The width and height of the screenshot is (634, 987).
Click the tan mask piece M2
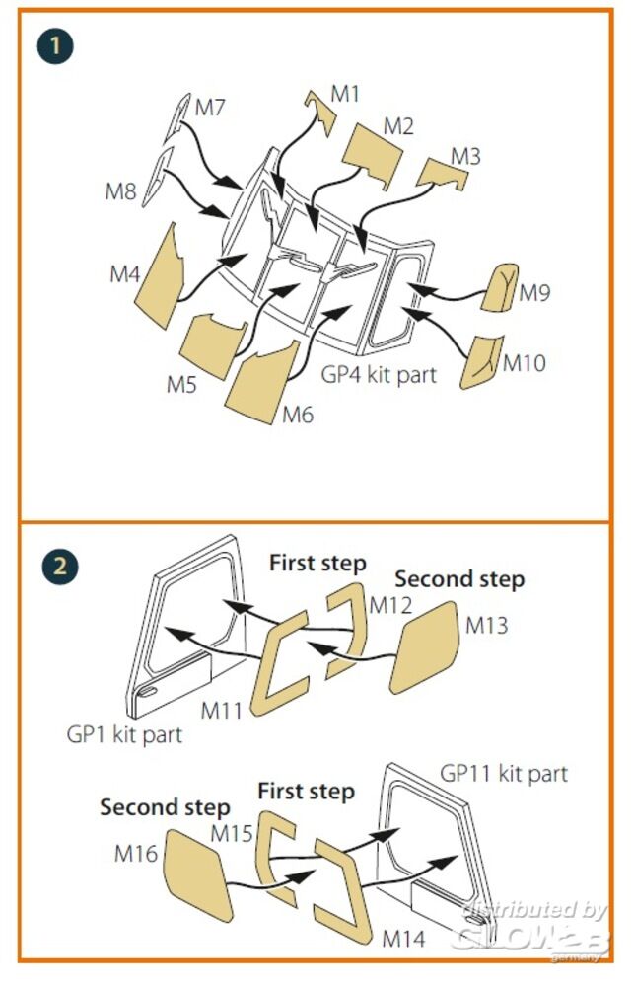[373, 154]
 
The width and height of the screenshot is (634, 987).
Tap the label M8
[121, 190]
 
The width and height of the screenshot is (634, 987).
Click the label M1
[345, 94]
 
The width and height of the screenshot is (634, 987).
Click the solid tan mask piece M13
[426, 647]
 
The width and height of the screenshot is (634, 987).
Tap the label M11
[222, 709]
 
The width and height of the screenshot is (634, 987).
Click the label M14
[403, 937]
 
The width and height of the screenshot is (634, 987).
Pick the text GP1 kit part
[124, 734]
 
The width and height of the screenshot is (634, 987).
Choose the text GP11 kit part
[504, 773]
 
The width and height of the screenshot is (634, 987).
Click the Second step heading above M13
[459, 578]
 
